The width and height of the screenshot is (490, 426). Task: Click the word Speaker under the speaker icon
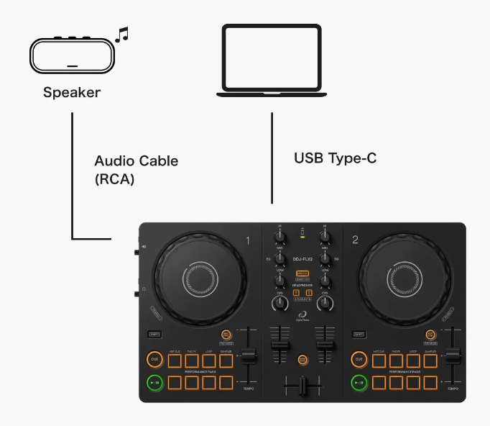(x=71, y=92)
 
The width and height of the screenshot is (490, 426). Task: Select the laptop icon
(x=273, y=60)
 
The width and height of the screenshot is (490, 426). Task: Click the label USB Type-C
(x=335, y=158)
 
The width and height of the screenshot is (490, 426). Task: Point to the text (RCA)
(x=115, y=178)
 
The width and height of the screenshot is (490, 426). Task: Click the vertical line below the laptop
(x=272, y=157)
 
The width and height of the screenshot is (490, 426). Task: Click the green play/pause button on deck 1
(x=154, y=382)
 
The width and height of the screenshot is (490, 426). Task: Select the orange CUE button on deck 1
(x=154, y=359)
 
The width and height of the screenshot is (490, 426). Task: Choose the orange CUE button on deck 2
(x=359, y=359)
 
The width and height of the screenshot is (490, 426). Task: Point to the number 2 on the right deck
(x=355, y=240)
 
